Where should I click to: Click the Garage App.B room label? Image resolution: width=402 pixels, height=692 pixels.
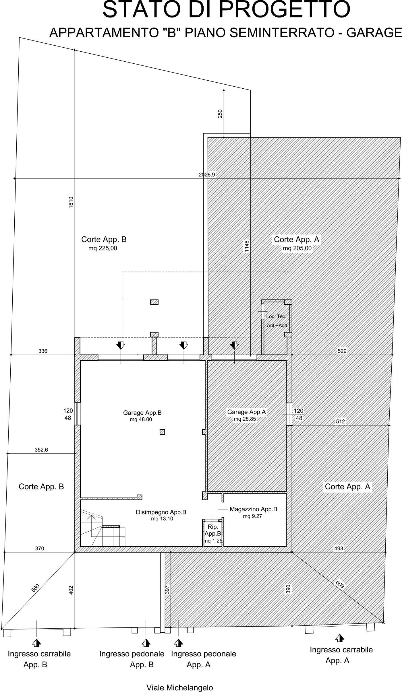tap(142, 413)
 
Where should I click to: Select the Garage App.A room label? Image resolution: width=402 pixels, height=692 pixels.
tap(246, 412)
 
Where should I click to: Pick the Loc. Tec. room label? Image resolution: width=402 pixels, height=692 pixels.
tap(276, 316)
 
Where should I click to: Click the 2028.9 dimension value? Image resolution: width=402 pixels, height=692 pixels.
tap(207, 174)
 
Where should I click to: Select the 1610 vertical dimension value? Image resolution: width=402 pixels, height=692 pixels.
tap(71, 202)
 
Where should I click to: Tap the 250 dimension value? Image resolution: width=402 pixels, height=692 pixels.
tap(220, 114)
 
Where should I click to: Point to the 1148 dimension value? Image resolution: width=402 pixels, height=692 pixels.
tap(247, 246)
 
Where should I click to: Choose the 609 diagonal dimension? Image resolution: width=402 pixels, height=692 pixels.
tap(340, 584)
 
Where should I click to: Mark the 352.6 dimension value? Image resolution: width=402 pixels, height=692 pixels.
tap(41, 450)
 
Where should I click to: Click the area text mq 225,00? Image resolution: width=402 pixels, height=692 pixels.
tap(103, 248)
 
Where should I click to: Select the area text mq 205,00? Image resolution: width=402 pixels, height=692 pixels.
tap(297, 248)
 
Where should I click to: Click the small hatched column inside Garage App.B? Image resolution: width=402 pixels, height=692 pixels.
tap(162, 432)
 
